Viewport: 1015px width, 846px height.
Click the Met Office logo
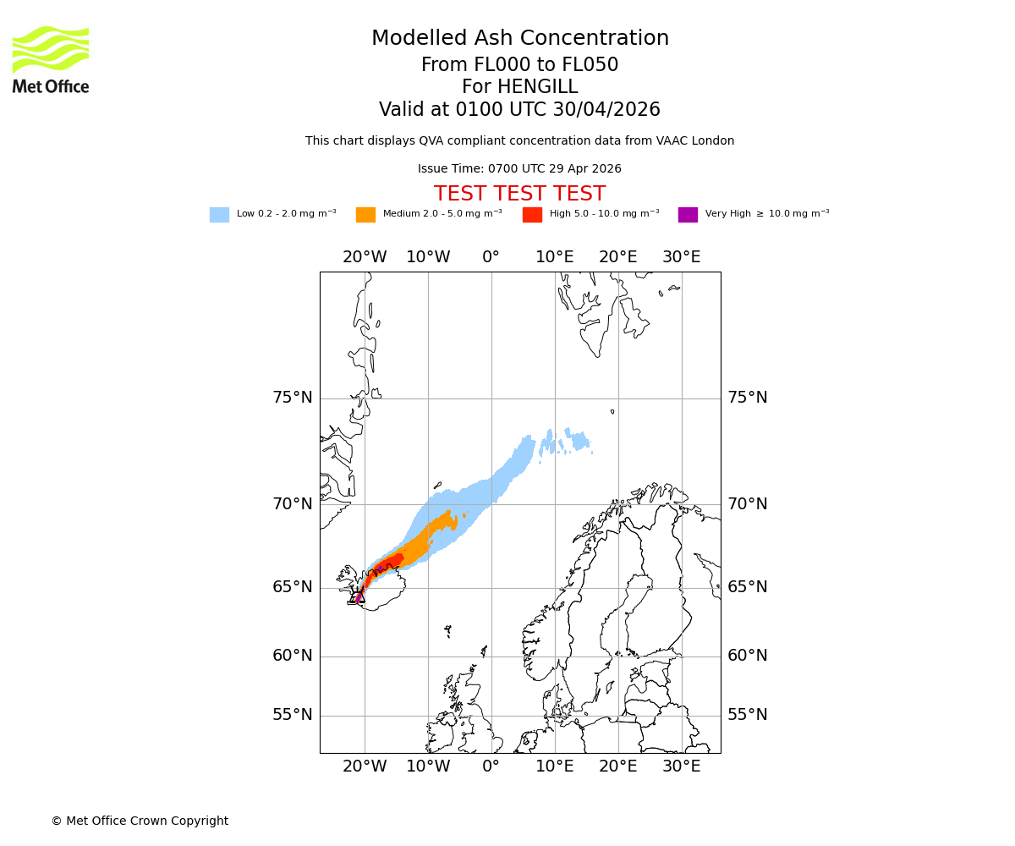point(51,59)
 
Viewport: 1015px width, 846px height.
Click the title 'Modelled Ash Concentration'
point(519,39)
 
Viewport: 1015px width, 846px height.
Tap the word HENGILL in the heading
point(536,87)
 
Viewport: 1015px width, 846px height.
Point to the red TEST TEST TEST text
point(519,194)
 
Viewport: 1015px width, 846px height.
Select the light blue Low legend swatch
point(219,215)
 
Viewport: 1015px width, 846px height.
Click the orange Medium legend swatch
point(365,215)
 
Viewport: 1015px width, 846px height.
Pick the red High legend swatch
point(532,215)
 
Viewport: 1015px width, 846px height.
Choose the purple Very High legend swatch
point(688,215)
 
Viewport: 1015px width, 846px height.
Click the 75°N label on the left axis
point(292,398)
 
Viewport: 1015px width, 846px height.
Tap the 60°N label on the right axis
point(748,656)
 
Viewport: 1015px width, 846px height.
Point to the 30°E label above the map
point(681,257)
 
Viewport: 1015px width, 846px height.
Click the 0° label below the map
point(491,766)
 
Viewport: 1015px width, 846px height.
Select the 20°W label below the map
point(365,766)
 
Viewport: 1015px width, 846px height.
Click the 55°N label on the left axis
point(292,715)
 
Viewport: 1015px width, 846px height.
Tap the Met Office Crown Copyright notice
point(140,821)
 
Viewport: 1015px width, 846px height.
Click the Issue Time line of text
point(519,169)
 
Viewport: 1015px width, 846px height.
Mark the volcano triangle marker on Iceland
point(359,597)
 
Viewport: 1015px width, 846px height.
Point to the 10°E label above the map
point(554,257)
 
